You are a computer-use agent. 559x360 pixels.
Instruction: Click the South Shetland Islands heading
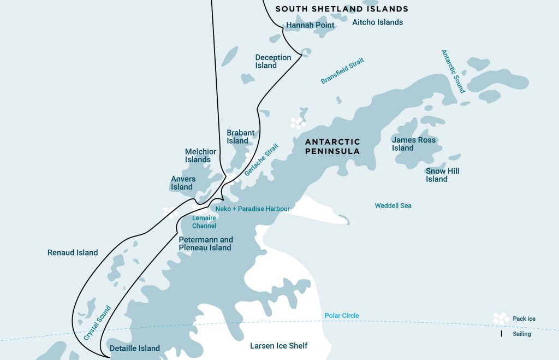(x=342, y=9)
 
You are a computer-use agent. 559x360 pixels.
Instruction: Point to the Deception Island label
(x=273, y=62)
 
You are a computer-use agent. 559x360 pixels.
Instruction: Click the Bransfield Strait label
(x=342, y=71)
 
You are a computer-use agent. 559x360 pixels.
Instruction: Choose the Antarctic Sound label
(x=453, y=72)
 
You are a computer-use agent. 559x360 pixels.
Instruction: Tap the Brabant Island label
(x=240, y=137)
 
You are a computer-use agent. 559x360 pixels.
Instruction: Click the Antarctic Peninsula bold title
(x=332, y=146)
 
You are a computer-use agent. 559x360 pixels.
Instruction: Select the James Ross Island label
(x=413, y=144)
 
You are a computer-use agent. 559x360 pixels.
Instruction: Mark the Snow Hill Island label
(x=442, y=175)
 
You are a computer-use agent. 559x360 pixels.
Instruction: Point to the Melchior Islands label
(x=200, y=156)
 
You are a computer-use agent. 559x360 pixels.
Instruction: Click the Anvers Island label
(x=182, y=182)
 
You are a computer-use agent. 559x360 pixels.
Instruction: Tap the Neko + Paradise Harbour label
(x=252, y=209)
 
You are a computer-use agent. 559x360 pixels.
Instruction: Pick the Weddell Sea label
(x=393, y=206)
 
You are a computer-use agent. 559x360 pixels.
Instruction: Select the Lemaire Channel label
(x=204, y=222)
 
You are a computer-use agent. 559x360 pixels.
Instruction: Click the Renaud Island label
(x=73, y=252)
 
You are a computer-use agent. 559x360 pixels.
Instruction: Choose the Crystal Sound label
(x=97, y=323)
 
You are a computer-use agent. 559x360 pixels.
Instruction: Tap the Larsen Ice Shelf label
(x=278, y=346)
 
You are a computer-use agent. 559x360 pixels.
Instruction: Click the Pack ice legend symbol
(x=500, y=318)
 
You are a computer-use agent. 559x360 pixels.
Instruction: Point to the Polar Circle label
(x=342, y=316)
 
